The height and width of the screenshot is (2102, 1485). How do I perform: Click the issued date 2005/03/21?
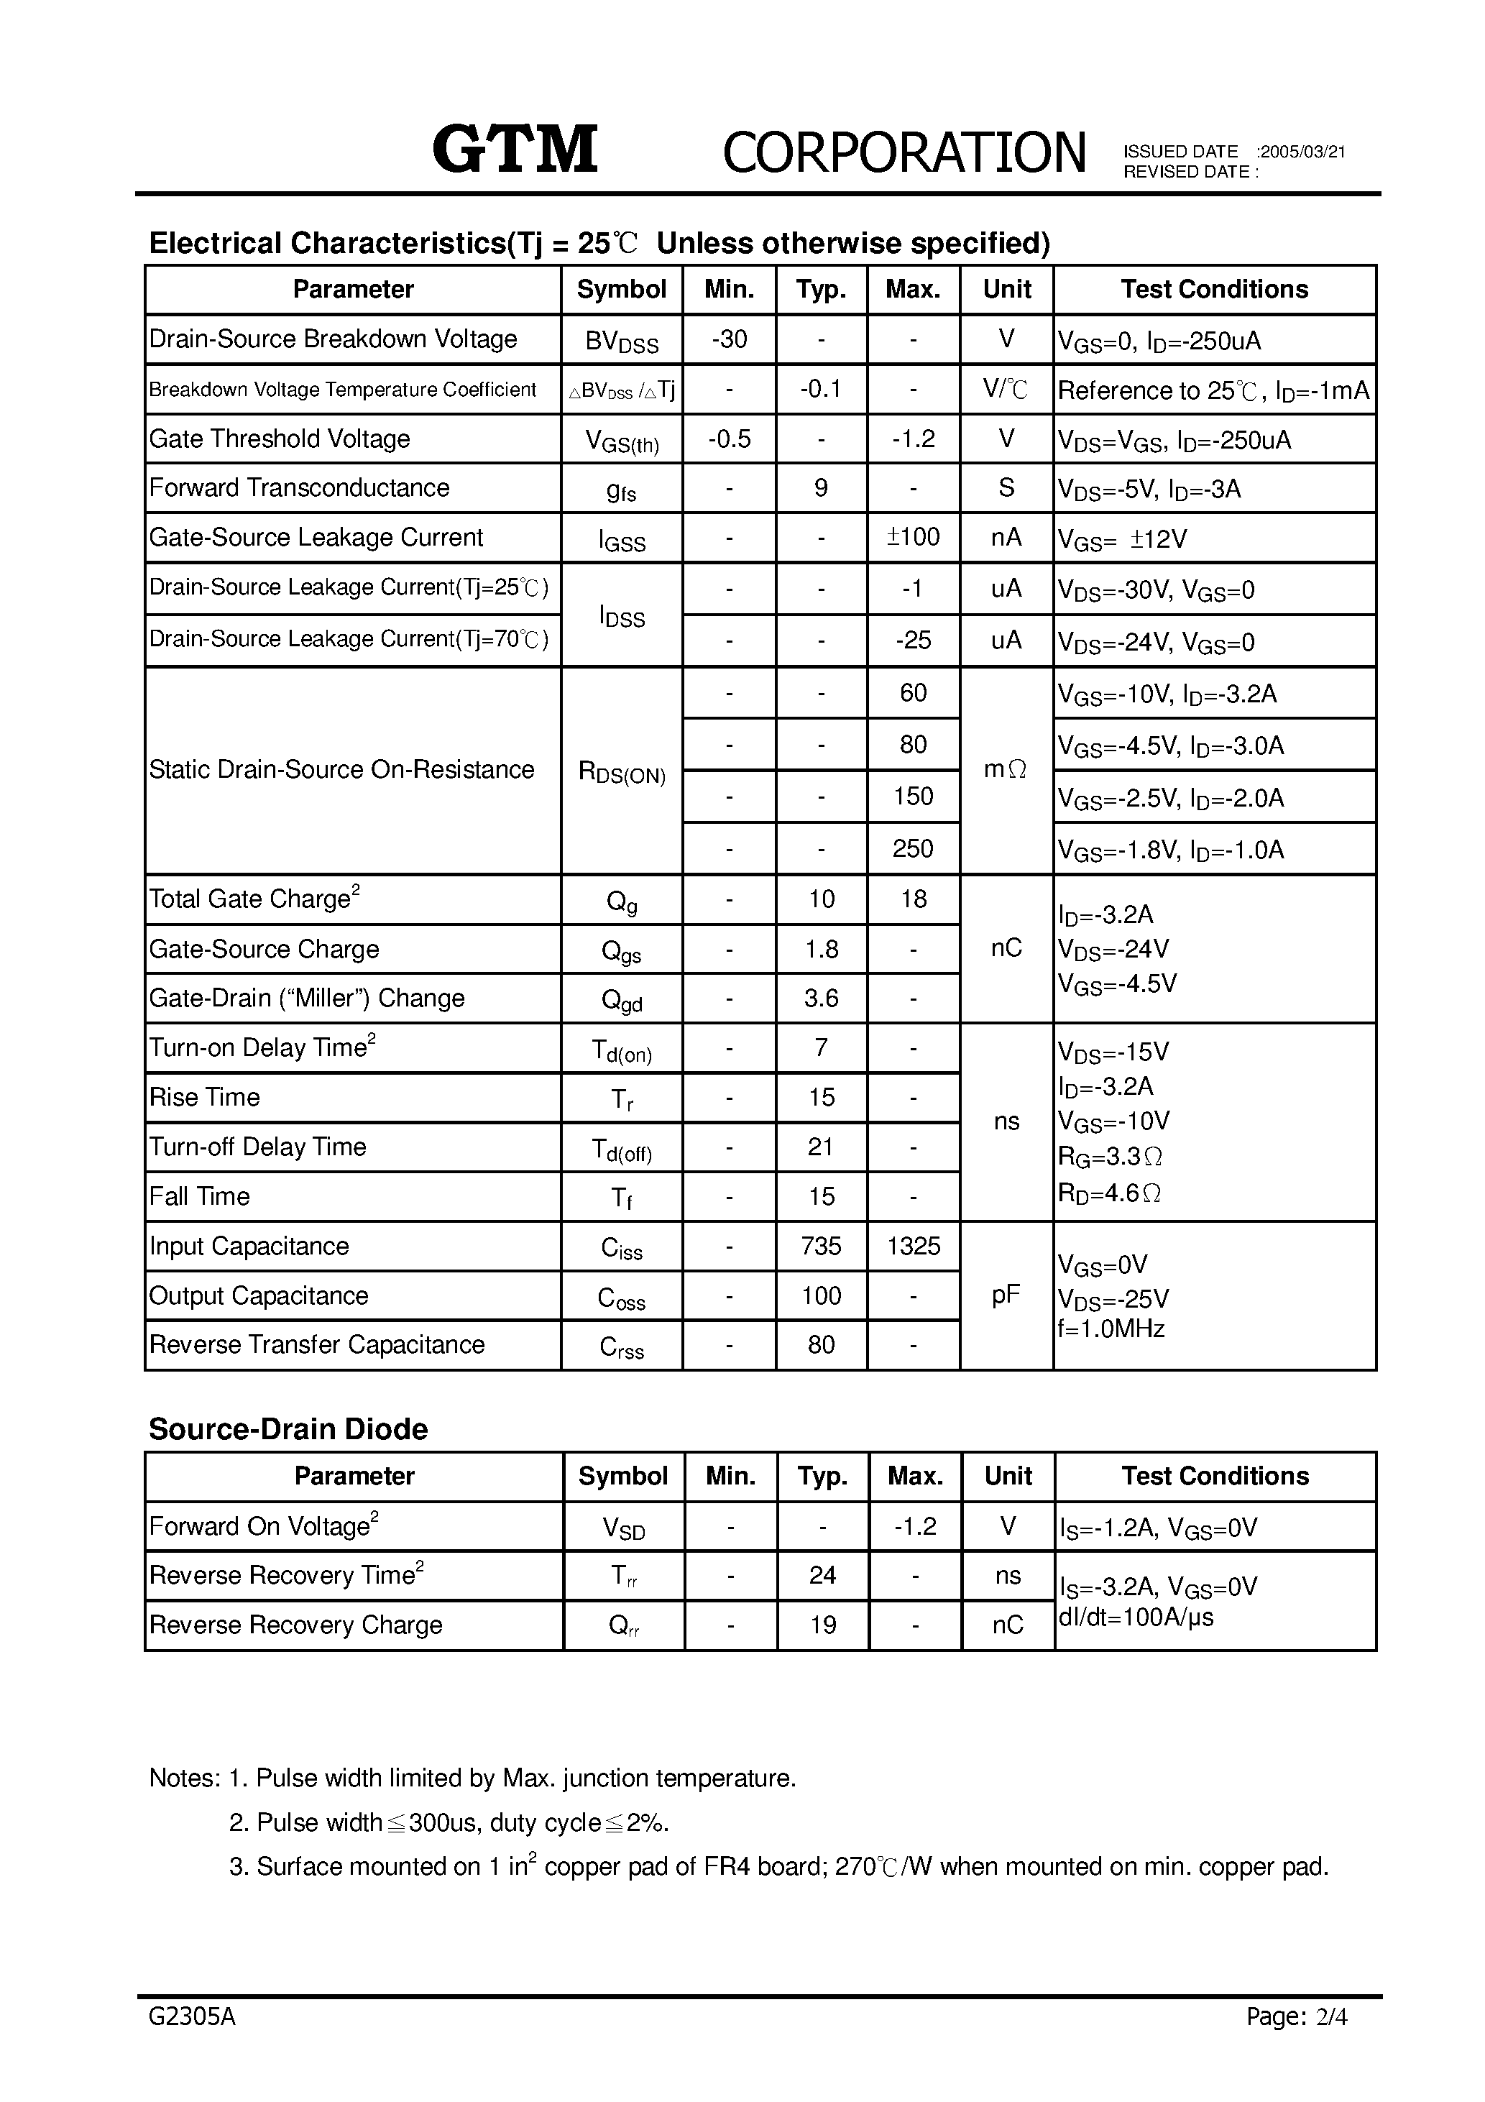tap(1301, 152)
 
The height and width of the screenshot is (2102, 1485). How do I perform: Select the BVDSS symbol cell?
tap(622, 341)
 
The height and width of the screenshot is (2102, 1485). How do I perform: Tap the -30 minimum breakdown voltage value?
tap(729, 339)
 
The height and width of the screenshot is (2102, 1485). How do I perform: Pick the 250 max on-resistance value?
tap(913, 849)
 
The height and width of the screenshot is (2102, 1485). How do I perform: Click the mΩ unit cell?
tap(1006, 770)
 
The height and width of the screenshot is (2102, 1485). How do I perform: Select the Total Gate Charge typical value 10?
tap(822, 899)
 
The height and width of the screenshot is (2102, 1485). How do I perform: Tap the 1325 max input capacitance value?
tap(914, 1246)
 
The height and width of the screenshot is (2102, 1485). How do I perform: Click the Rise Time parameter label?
tap(204, 1097)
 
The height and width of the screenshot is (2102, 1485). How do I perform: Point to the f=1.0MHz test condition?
tap(1111, 1328)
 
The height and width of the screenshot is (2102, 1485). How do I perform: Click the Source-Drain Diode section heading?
tap(288, 1429)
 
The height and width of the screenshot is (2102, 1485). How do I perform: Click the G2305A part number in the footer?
tap(191, 2042)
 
